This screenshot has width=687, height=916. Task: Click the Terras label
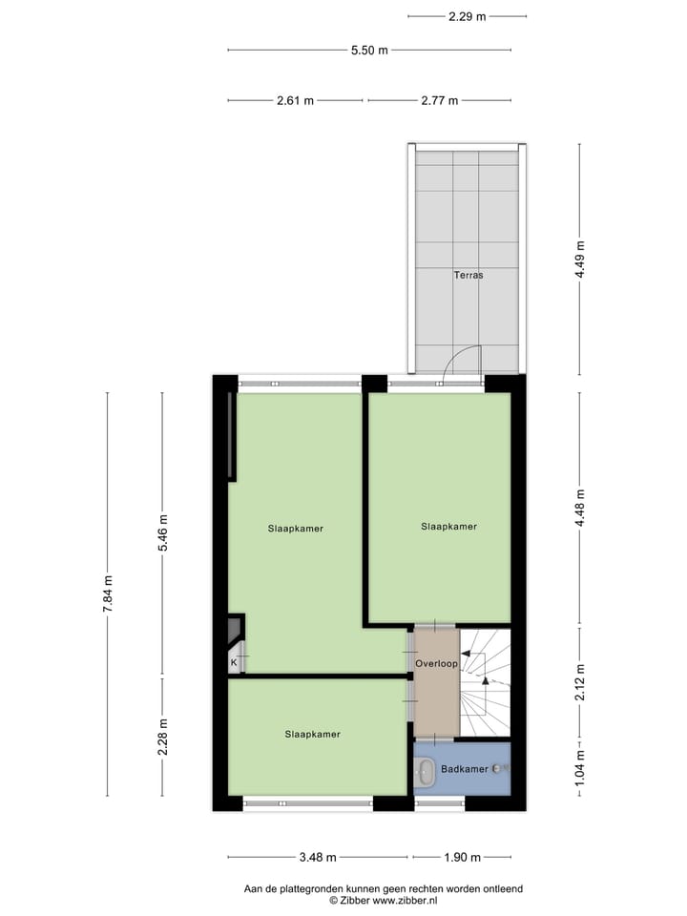(468, 275)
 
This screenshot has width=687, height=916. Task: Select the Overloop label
(436, 663)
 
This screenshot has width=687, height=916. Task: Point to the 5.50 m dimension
(368, 51)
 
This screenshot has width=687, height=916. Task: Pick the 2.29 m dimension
(467, 16)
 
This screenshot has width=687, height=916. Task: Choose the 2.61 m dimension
(295, 100)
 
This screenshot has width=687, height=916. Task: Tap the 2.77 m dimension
(439, 100)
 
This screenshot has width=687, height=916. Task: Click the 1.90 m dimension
(462, 857)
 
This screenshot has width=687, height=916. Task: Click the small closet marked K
(234, 660)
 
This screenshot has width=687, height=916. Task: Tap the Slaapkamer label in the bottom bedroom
(312, 735)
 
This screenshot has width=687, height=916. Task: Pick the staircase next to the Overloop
(486, 682)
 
